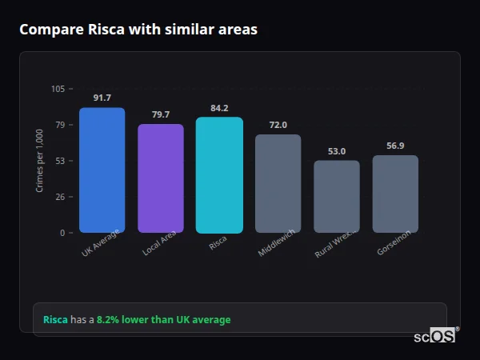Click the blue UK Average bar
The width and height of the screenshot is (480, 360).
(102, 170)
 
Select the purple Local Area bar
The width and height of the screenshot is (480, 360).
(161, 178)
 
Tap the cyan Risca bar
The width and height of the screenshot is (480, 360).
(219, 175)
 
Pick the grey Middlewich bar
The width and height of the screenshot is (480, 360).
(278, 184)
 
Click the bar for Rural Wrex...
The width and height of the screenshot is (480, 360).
(337, 197)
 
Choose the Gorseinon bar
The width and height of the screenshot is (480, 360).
(395, 194)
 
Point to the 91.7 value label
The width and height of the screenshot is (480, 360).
(102, 98)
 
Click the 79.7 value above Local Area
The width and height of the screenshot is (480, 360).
(161, 114)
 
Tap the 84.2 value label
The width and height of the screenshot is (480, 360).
(219, 108)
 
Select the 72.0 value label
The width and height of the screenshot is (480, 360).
(278, 125)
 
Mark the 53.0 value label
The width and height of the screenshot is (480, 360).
(337, 151)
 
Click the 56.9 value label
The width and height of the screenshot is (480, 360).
(395, 146)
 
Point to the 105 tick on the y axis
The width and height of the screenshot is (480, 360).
(58, 89)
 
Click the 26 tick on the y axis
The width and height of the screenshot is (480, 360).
(60, 197)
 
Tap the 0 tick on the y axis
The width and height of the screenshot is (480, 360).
(62, 233)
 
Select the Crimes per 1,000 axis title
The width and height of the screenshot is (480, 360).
(40, 161)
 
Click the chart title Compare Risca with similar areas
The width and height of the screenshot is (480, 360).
(138, 30)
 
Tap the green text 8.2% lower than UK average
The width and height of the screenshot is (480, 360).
(163, 320)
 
